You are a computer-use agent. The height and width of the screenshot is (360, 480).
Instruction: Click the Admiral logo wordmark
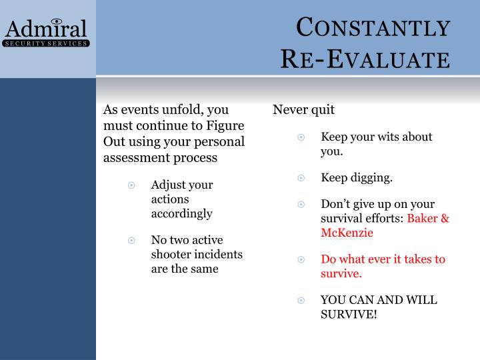click(47, 28)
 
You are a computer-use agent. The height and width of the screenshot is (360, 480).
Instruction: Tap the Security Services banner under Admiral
click(47, 43)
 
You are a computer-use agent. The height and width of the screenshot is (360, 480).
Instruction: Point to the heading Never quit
click(304, 109)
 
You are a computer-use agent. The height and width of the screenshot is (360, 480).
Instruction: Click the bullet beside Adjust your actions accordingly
click(132, 185)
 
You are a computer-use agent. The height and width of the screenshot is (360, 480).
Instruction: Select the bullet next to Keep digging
click(301, 178)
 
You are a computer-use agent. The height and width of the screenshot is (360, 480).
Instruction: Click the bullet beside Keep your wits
click(301, 137)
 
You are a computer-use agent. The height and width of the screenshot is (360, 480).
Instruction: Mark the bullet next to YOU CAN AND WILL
click(301, 301)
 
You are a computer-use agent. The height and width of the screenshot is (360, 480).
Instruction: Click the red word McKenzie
click(347, 233)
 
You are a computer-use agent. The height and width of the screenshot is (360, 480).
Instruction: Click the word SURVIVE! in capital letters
click(349, 313)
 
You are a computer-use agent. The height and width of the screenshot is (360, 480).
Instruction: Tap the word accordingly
click(181, 213)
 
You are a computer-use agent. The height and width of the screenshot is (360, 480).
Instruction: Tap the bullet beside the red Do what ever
click(301, 259)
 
